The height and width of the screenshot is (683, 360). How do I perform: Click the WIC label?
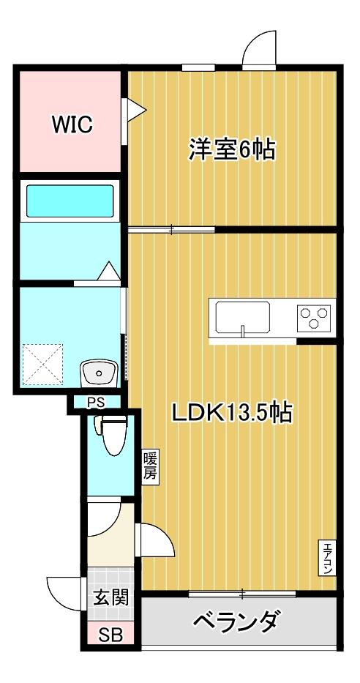[72, 124]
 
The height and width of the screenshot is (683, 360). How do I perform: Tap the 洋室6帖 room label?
[231, 150]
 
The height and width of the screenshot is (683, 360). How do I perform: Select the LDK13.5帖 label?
[232, 414]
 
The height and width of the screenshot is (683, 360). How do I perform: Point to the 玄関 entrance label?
[110, 597]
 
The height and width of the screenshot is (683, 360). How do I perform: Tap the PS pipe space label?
[96, 401]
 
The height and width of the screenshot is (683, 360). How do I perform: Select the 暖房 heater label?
[149, 466]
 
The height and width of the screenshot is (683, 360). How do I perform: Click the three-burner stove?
[315, 318]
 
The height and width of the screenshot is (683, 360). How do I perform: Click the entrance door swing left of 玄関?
[64, 589]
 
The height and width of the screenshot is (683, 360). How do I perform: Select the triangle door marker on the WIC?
[137, 110]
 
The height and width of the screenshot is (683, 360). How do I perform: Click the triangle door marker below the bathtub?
[109, 272]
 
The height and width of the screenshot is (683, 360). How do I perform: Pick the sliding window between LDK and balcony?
[241, 591]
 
